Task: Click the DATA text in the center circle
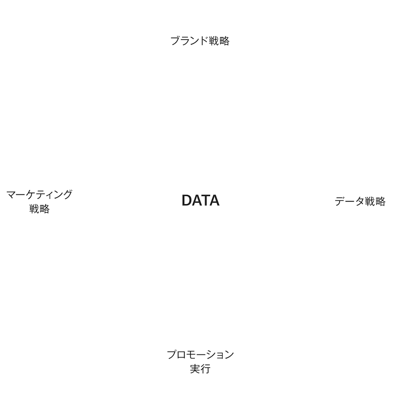pos(200,200)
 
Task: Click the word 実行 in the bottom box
pos(200,370)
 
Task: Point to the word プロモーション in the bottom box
pos(200,355)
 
